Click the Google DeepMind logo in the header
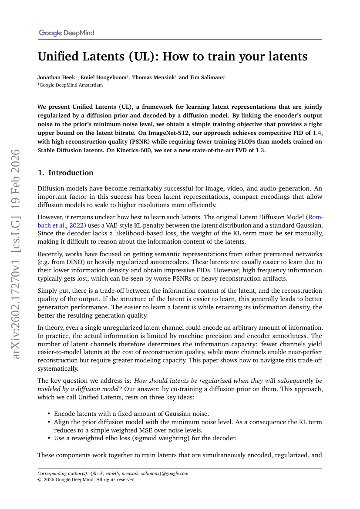(x=66, y=33)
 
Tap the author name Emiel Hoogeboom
(x=105, y=77)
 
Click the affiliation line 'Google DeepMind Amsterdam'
(x=71, y=85)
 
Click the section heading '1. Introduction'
(x=65, y=173)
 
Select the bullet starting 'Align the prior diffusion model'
(x=187, y=422)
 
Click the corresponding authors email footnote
(x=113, y=474)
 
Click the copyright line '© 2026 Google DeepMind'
(x=86, y=480)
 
